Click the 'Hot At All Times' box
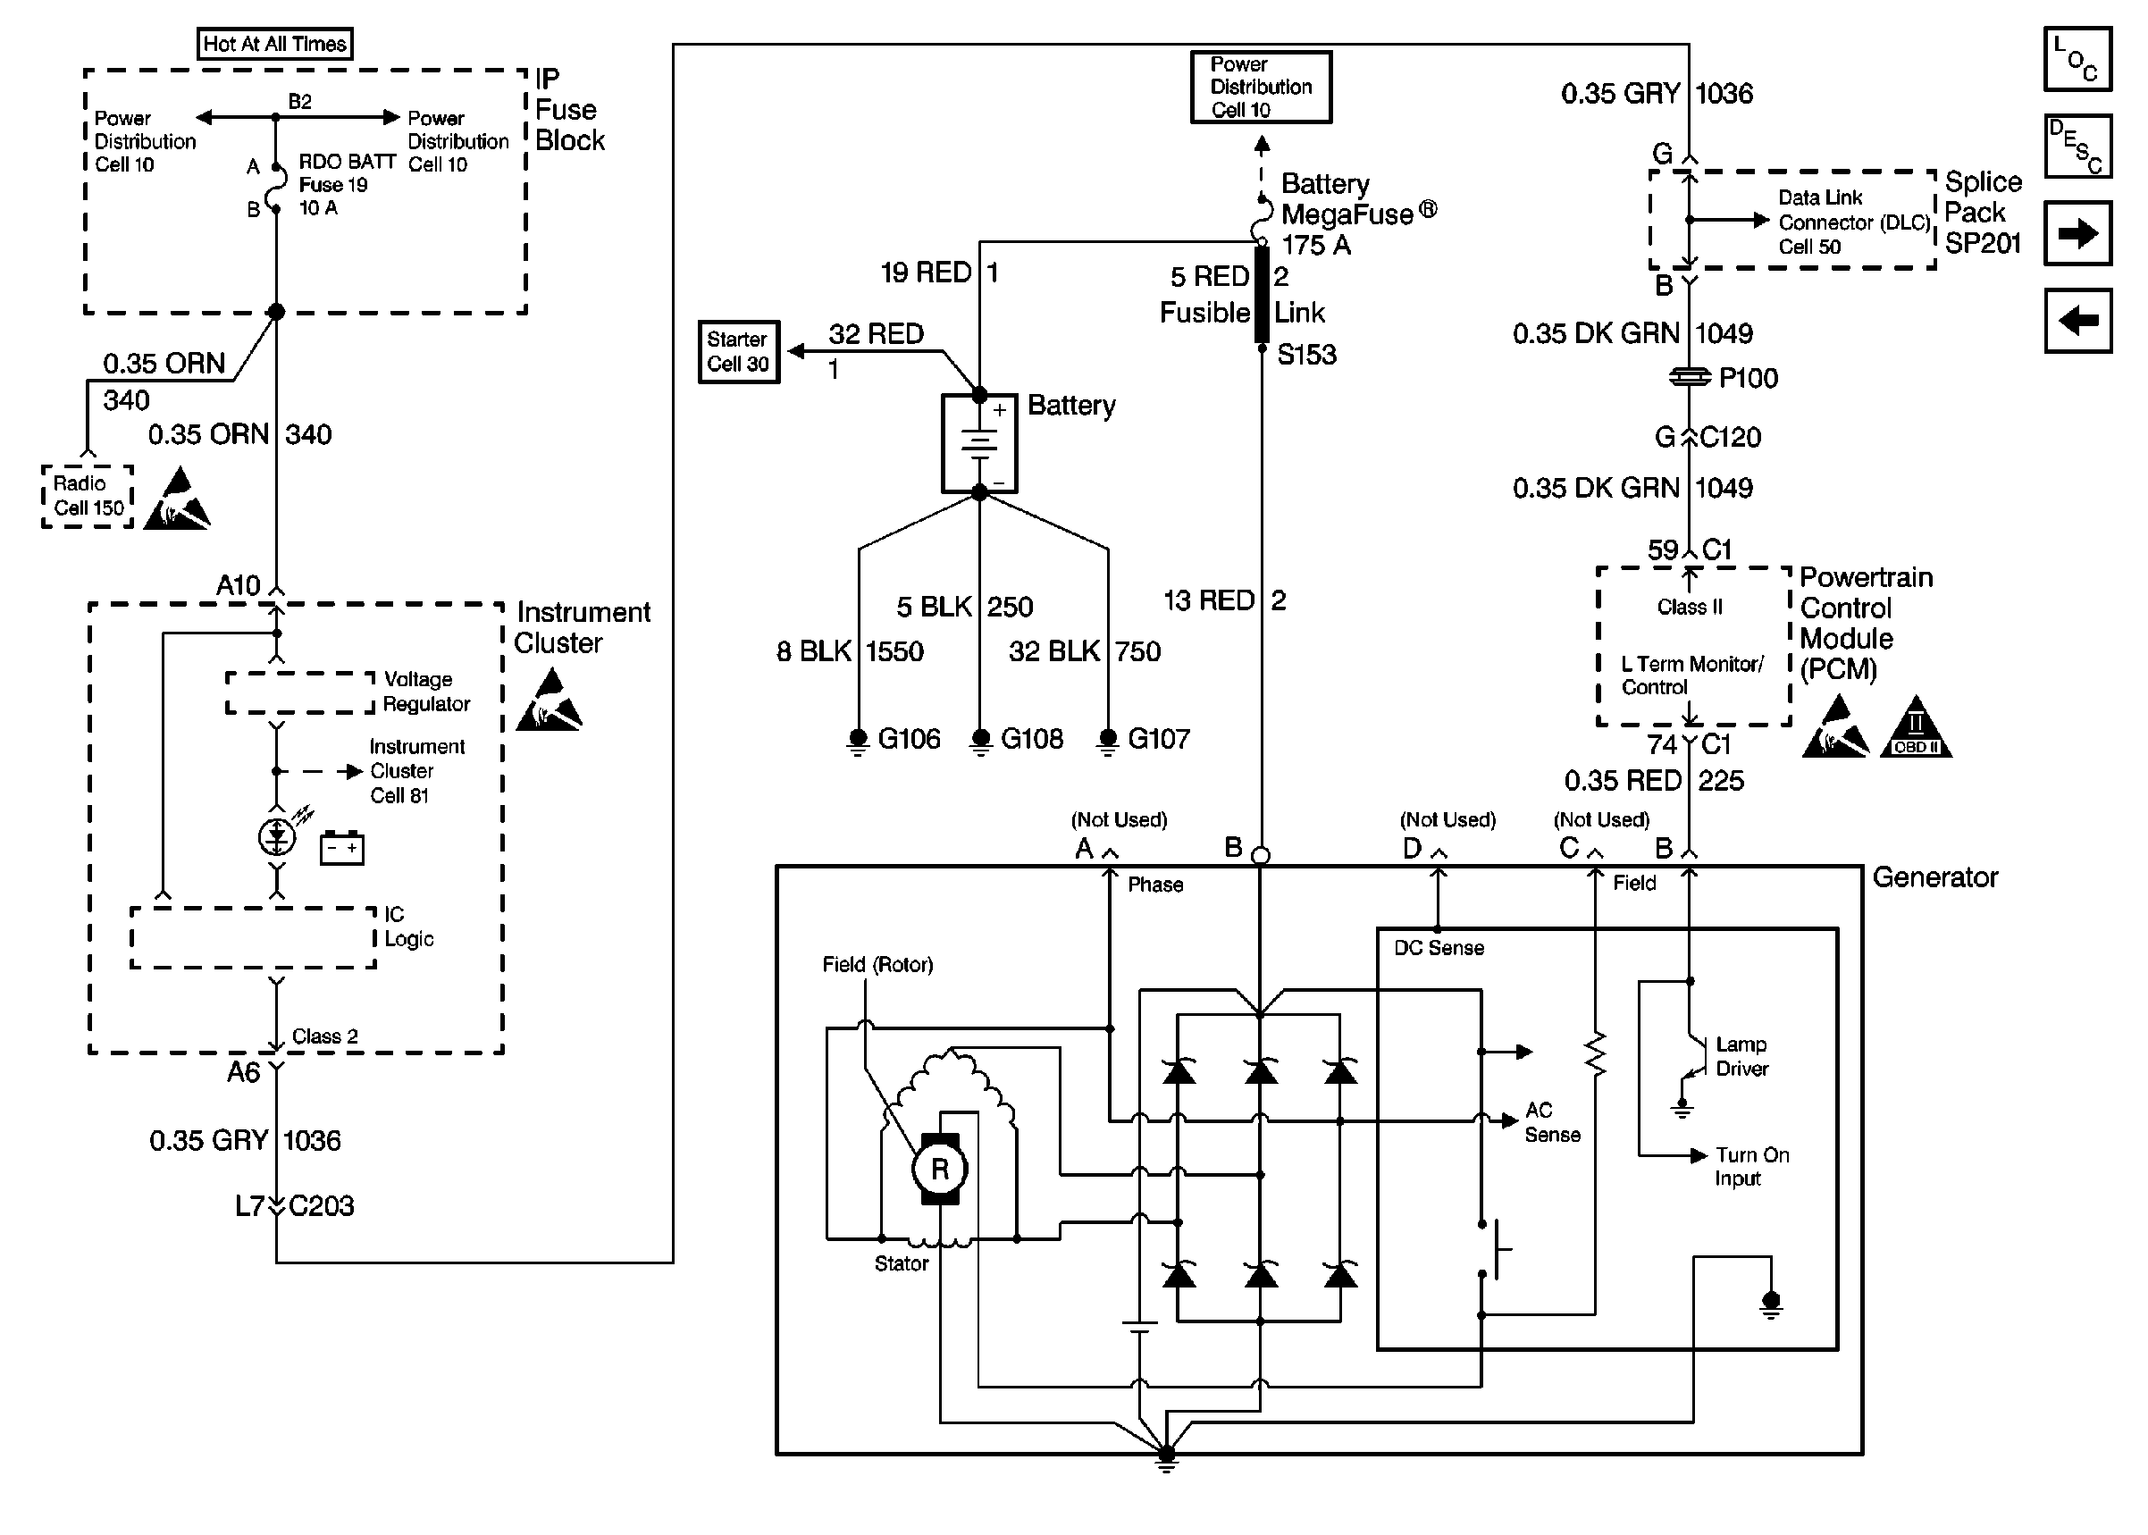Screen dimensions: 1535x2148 tap(274, 44)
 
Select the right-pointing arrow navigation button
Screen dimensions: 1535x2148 tap(2077, 233)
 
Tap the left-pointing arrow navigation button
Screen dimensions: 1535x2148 tap(2077, 322)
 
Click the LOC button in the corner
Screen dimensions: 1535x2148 tap(2077, 60)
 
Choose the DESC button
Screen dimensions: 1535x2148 tap(2077, 147)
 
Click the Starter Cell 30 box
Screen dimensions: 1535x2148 tap(738, 352)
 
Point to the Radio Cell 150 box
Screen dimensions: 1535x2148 tap(88, 496)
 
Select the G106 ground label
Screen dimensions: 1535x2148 tap(908, 739)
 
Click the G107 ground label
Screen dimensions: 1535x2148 tap(1159, 739)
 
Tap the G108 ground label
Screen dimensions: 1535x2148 tap(1031, 739)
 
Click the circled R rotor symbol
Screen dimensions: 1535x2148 tap(939, 1170)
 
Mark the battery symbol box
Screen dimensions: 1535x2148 tap(979, 443)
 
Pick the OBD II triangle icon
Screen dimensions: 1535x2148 tap(1916, 731)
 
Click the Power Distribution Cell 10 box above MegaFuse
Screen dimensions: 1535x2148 tap(1261, 87)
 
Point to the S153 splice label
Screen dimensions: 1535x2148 tap(1306, 356)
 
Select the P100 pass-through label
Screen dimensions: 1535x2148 tap(1749, 378)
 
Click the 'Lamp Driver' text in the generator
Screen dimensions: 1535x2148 tap(1741, 1057)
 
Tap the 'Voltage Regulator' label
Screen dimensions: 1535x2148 tap(425, 692)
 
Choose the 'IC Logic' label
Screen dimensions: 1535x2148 tap(408, 927)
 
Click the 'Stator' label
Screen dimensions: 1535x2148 tap(901, 1263)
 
